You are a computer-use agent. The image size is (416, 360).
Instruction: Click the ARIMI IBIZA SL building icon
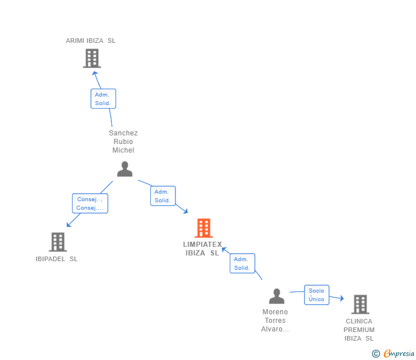(x=91, y=58)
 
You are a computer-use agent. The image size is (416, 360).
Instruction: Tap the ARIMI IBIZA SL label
(x=90, y=41)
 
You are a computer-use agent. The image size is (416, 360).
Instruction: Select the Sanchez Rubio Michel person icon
(x=125, y=169)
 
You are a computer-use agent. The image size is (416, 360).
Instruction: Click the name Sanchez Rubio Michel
(x=123, y=142)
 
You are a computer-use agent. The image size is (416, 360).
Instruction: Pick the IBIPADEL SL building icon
(x=58, y=242)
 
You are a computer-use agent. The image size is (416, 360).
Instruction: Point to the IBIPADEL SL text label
(x=57, y=259)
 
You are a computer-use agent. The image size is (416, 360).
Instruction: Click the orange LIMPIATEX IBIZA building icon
(x=203, y=228)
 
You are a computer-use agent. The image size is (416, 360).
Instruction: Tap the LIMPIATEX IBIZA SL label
(x=202, y=249)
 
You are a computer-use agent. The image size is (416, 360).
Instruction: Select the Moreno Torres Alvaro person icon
(x=277, y=296)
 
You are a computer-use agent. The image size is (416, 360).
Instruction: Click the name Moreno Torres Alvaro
(x=275, y=321)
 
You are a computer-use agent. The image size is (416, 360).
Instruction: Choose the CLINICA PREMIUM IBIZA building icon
(x=359, y=304)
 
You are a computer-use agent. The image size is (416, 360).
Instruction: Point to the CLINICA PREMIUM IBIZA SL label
(x=359, y=330)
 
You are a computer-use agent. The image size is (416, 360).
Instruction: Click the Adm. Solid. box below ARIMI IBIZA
(x=103, y=99)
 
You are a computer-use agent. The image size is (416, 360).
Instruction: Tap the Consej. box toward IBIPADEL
(x=90, y=203)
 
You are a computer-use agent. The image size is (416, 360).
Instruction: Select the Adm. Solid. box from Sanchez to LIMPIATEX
(x=162, y=196)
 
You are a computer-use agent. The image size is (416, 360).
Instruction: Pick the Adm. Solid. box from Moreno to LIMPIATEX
(x=242, y=263)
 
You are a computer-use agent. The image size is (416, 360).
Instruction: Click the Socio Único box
(x=316, y=295)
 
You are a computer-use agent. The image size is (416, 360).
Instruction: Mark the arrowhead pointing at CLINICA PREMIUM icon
(x=341, y=298)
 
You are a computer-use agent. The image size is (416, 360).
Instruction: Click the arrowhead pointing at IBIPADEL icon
(x=69, y=224)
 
